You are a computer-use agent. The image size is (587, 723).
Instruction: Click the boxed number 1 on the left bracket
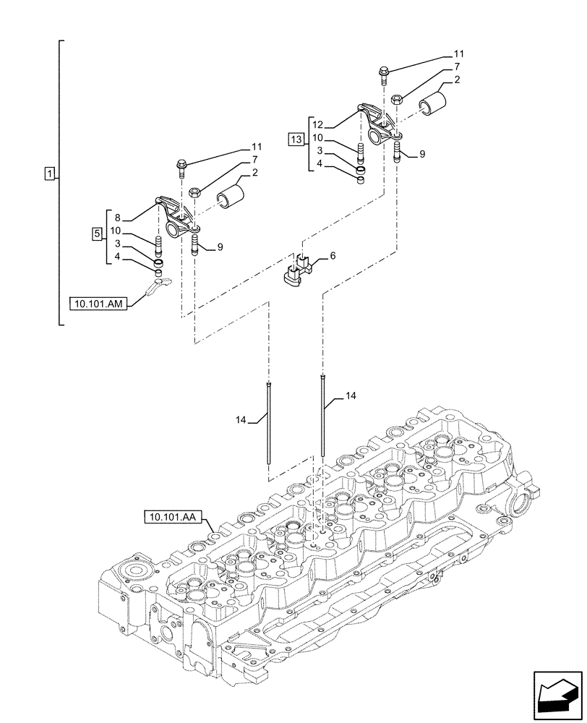point(48,174)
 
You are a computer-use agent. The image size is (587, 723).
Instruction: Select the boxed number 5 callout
point(98,234)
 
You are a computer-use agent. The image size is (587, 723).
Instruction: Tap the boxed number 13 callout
point(296,138)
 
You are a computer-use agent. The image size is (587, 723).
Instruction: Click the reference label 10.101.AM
point(99,304)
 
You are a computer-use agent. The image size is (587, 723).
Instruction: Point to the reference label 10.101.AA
point(174,517)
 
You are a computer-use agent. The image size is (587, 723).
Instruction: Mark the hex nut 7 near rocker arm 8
point(194,192)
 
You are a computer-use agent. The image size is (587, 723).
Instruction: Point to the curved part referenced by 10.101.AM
point(159,287)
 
